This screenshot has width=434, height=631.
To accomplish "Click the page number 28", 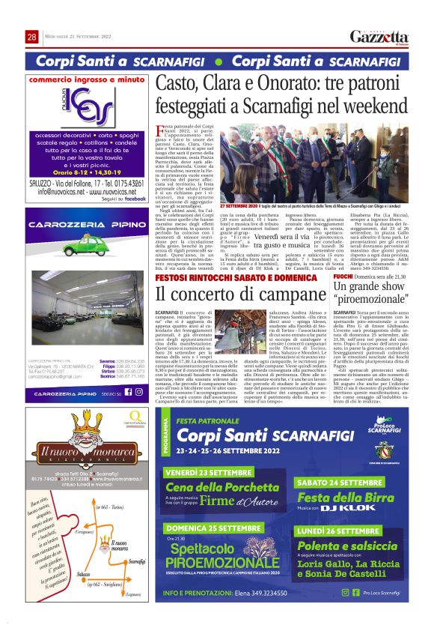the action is [32, 37].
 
